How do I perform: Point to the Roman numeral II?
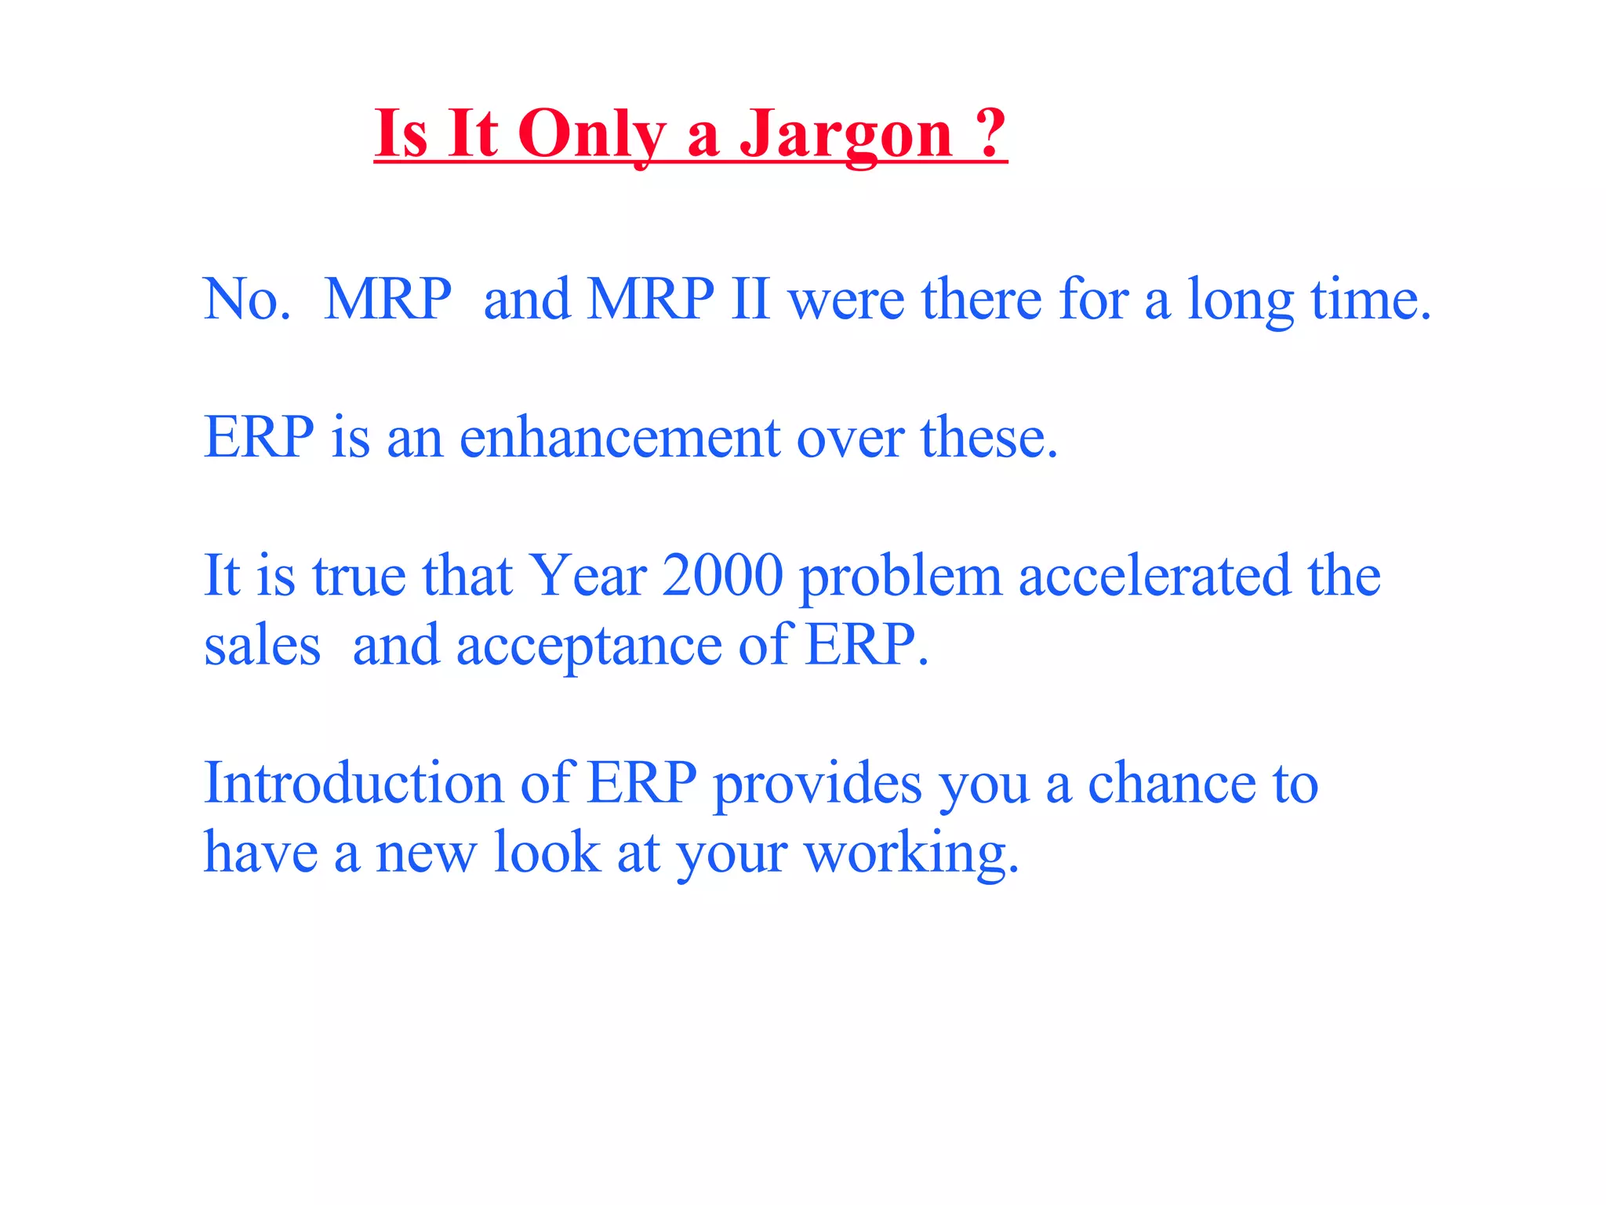pyautogui.click(x=750, y=299)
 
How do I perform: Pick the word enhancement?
pyautogui.click(x=619, y=438)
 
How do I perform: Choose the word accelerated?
pyautogui.click(x=1154, y=575)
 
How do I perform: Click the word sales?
pyautogui.click(x=262, y=646)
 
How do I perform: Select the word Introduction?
pyautogui.click(x=353, y=782)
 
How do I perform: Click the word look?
pyautogui.click(x=546, y=852)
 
